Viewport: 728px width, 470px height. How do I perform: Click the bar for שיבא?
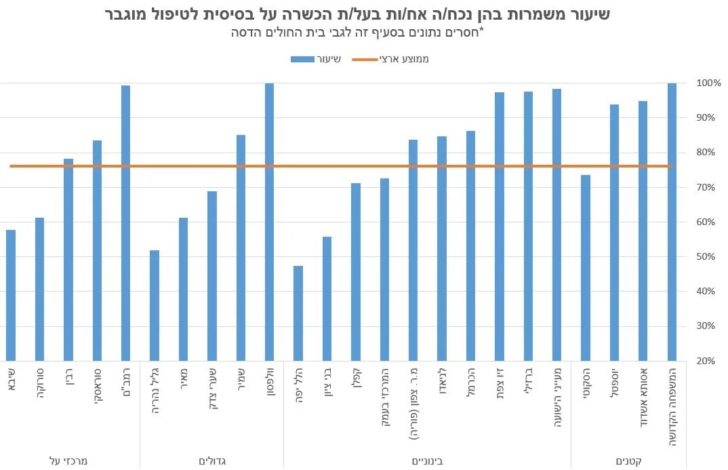11,295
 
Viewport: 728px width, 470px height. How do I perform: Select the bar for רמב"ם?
125,223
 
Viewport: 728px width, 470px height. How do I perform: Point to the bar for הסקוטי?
586,268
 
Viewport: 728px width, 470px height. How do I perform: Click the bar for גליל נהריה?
155,305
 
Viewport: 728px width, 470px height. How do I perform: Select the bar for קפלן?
356,272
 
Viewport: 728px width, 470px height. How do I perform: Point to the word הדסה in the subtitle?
247,32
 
